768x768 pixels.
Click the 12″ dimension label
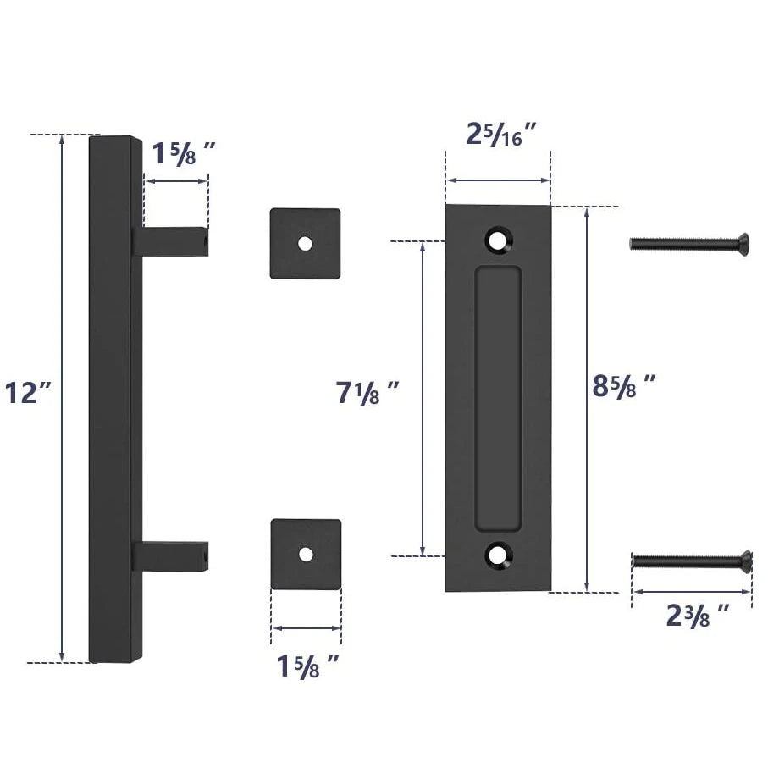pyautogui.click(x=28, y=394)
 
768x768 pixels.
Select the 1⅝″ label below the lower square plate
pyautogui.click(x=308, y=666)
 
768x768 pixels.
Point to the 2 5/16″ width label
pyautogui.click(x=502, y=135)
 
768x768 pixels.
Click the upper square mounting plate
pyautogui.click(x=305, y=244)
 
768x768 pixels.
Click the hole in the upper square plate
pyautogui.click(x=305, y=243)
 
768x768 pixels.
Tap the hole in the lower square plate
pyautogui.click(x=306, y=554)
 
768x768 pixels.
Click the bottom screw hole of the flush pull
pyautogui.click(x=498, y=556)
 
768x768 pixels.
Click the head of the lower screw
pyautogui.click(x=744, y=560)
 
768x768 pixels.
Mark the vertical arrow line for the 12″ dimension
pyautogui.click(x=62, y=398)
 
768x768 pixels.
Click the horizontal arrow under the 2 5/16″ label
pyautogui.click(x=498, y=180)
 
